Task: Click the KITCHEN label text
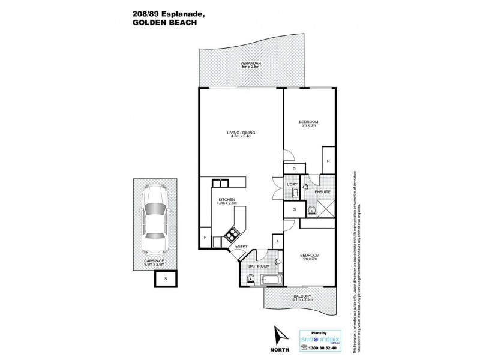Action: click(226, 199)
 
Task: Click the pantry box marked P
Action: click(205, 238)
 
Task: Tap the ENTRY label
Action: click(241, 247)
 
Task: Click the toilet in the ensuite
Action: click(311, 209)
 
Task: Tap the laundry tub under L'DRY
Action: click(295, 193)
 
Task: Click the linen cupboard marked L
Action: click(278, 242)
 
